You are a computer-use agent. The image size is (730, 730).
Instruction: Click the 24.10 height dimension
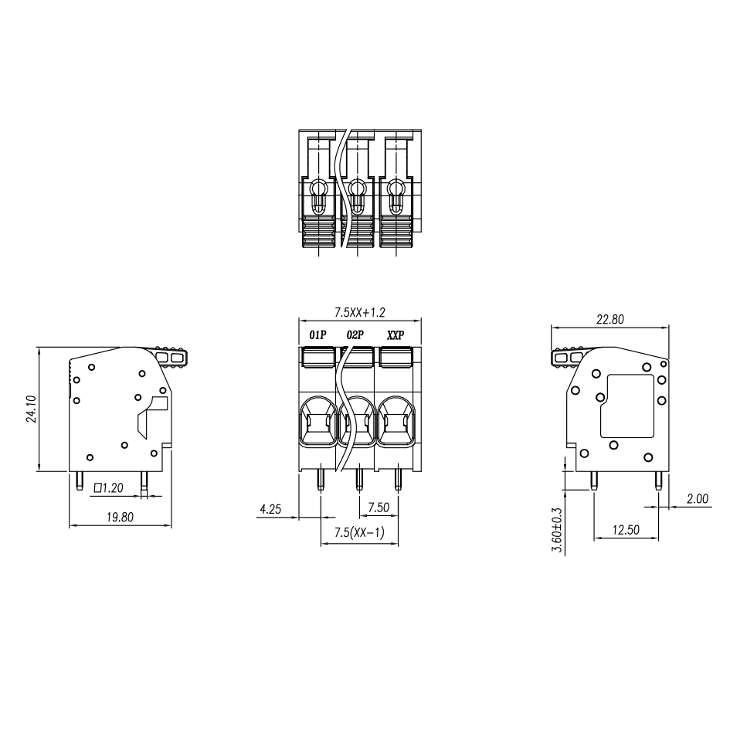[31, 409]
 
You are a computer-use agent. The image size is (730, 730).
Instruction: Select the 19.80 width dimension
[120, 517]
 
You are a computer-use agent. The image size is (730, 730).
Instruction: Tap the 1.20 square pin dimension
[108, 487]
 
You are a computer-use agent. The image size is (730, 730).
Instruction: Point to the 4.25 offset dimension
[270, 509]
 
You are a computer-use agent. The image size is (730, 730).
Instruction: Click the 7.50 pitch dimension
[379, 507]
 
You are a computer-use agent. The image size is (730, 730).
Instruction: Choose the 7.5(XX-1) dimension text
[359, 532]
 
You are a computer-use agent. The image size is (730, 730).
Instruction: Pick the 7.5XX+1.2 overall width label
[360, 312]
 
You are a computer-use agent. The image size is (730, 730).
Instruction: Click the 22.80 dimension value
[610, 319]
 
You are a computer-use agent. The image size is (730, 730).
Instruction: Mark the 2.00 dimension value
[698, 498]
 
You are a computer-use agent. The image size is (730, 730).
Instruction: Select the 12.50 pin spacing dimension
[626, 530]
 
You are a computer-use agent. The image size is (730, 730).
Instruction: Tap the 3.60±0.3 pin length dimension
[557, 530]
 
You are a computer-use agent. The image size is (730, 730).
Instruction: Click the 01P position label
[318, 334]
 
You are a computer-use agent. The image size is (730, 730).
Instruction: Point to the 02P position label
[355, 334]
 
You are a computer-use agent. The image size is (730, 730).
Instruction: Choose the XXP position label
[396, 334]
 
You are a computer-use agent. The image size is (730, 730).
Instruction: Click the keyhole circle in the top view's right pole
[396, 188]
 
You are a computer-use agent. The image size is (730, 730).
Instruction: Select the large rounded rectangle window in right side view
[627, 406]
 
